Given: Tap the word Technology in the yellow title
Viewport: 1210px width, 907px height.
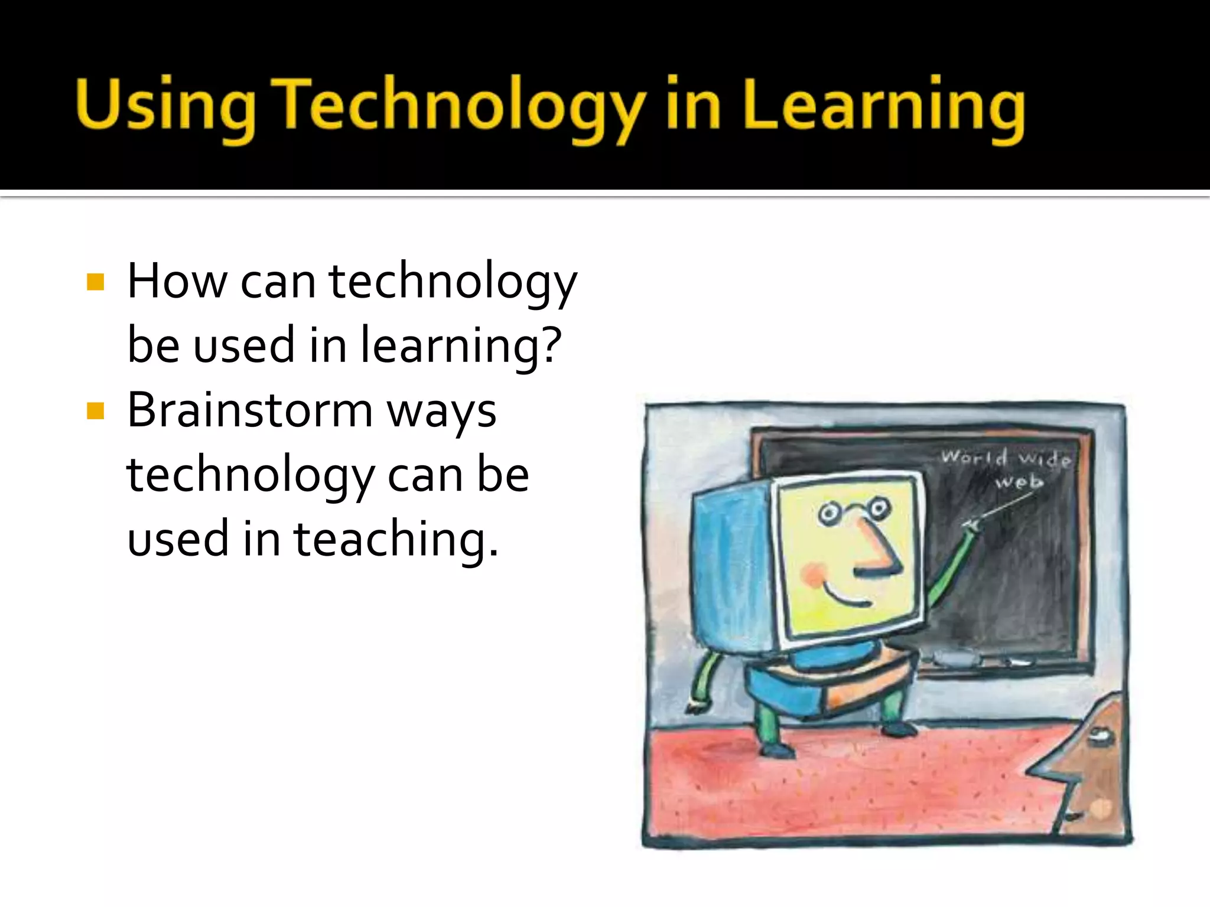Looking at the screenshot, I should tap(461, 106).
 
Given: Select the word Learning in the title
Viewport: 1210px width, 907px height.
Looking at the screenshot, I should tap(883, 106).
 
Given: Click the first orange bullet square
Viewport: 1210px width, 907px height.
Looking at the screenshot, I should tap(95, 282).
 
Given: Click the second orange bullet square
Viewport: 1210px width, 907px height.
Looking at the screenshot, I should tap(95, 410).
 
